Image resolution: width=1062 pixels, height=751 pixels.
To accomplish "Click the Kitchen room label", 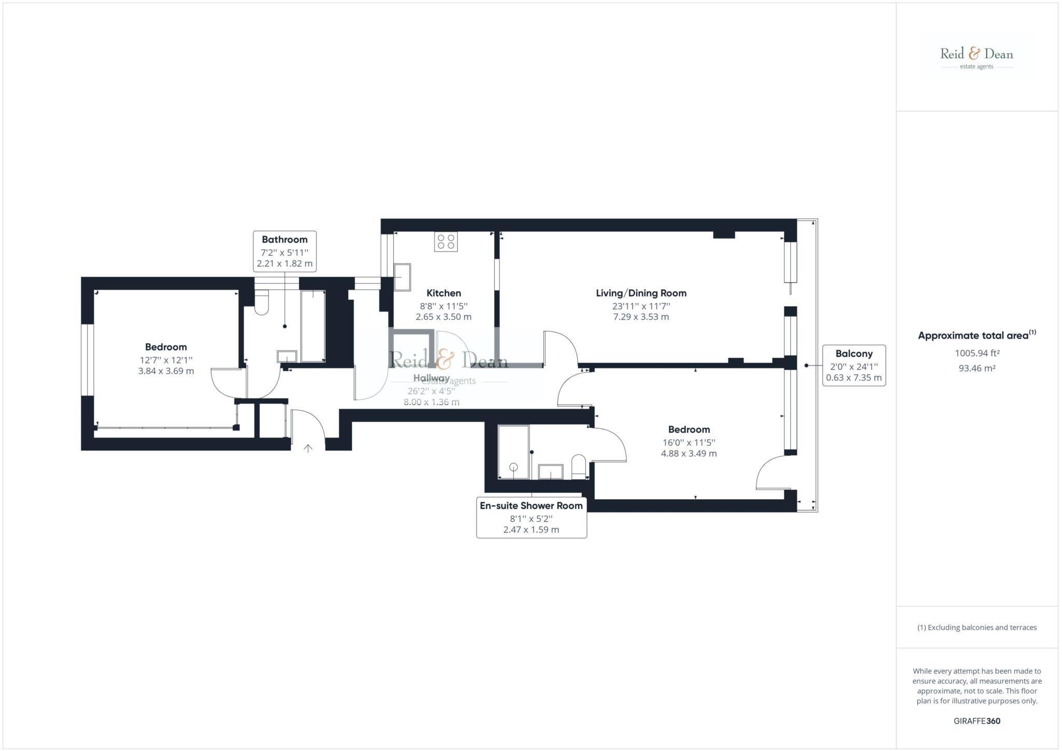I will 443,293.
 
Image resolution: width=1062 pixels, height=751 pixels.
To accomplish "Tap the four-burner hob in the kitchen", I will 446,242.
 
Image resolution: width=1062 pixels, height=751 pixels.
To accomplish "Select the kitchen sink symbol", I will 402,277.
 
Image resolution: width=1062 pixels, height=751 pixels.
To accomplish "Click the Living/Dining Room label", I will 641,293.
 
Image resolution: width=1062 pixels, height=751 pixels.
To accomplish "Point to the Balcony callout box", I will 854,365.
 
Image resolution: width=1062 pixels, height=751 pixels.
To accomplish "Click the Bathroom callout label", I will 285,251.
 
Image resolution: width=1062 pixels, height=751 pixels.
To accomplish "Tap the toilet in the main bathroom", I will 262,303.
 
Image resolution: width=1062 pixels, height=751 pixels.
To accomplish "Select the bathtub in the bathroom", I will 313,326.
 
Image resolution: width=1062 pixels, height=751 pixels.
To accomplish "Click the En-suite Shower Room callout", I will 531,517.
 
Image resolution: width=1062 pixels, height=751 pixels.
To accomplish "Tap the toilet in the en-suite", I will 578,467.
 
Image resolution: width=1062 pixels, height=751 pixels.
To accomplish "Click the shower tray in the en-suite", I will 513,452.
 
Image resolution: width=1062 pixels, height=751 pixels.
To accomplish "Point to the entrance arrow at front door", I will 308,448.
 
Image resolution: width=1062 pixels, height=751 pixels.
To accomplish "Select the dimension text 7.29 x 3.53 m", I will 641,317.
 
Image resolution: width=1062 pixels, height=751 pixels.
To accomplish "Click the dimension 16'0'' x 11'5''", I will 689,442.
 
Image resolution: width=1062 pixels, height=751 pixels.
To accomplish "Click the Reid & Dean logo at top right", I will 976,57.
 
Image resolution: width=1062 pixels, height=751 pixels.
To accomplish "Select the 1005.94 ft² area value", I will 977,353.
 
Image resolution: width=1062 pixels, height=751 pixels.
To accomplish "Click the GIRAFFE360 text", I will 977,721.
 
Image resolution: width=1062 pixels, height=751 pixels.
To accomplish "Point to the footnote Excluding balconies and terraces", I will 977,628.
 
